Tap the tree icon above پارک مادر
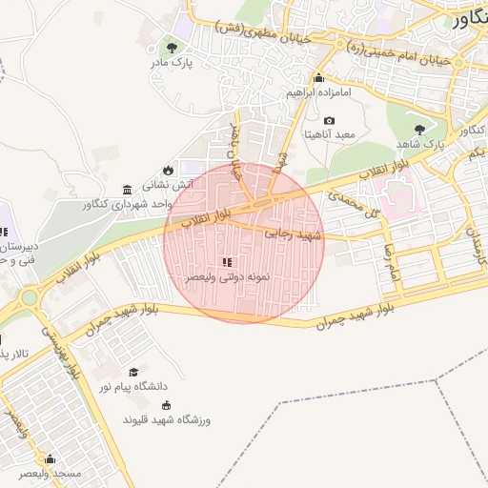171,47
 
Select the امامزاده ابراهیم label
319,94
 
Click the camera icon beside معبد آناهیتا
329,121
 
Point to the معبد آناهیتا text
329,135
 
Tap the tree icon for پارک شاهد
419,129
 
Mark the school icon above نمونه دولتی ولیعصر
226,262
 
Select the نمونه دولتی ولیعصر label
229,276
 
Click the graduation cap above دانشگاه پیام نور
133,372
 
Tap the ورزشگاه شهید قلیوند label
166,419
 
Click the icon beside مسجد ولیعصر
50,458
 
